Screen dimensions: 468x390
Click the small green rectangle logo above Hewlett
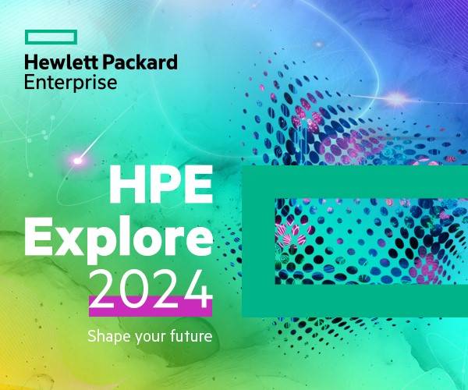[51, 32]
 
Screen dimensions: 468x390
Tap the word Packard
[140, 62]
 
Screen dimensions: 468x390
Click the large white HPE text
[161, 184]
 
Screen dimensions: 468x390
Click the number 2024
[151, 289]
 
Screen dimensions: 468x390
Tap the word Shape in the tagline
[109, 336]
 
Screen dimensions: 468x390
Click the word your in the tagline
[151, 338]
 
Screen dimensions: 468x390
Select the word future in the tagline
[191, 336]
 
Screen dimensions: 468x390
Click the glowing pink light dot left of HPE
[77, 161]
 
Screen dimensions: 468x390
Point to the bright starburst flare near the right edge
[396, 97]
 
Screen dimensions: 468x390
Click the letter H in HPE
[126, 184]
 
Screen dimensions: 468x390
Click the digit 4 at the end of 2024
[197, 289]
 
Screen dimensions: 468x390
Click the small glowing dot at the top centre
[319, 44]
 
